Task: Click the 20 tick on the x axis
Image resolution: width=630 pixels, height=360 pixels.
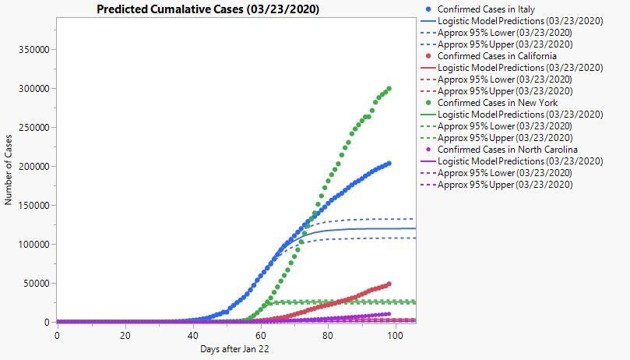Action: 125,335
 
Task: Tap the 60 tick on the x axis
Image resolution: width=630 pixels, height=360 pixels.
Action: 260,335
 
